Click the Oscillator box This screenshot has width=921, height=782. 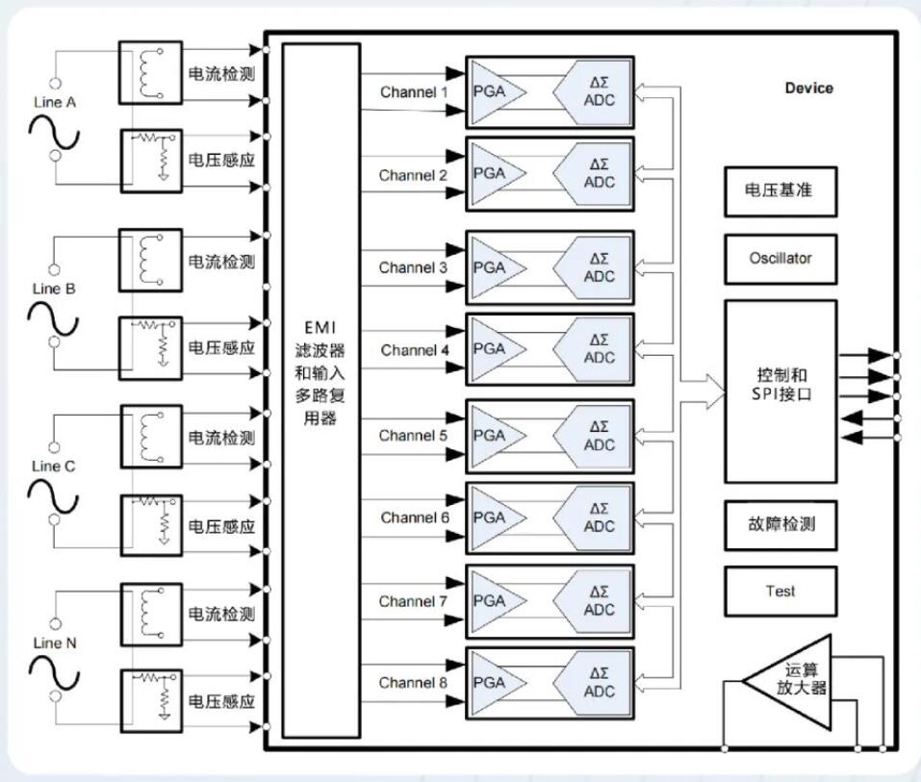[x=780, y=259]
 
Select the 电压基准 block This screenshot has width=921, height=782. [x=780, y=189]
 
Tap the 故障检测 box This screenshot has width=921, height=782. [x=780, y=525]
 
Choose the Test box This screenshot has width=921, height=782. [x=780, y=592]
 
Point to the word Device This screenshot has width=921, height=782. [x=808, y=88]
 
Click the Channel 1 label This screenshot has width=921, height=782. [x=414, y=92]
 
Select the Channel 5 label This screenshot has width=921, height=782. [x=413, y=436]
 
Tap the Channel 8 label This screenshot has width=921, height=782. [x=413, y=683]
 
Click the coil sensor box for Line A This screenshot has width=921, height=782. [x=149, y=72]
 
